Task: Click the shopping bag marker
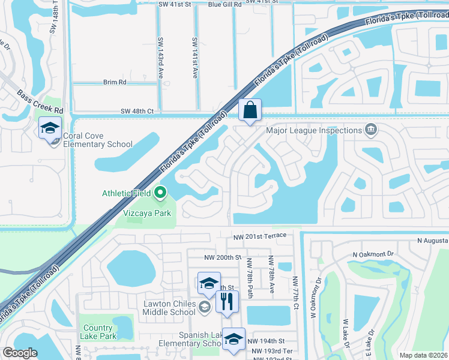250,110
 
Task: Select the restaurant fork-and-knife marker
227,302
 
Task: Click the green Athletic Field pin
160,193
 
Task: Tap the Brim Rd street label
115,82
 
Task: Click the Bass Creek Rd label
40,102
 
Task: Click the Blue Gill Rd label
224,4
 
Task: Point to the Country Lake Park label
98,332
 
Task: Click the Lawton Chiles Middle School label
169,308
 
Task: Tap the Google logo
20,353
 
